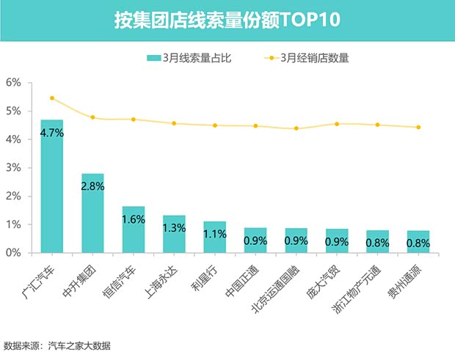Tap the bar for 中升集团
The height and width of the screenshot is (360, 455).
[92, 216]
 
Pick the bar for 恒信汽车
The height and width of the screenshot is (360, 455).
[133, 231]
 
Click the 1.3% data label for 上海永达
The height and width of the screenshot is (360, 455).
[174, 227]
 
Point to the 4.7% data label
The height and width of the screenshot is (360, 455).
[51, 133]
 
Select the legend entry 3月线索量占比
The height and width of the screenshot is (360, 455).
[189, 59]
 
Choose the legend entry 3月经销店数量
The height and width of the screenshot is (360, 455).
[307, 59]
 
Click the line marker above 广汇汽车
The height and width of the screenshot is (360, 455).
[51, 98]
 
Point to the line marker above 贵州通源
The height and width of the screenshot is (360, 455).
[418, 127]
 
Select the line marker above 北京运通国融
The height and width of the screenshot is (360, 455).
[296, 128]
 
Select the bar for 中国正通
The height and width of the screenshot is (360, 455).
[255, 240]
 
